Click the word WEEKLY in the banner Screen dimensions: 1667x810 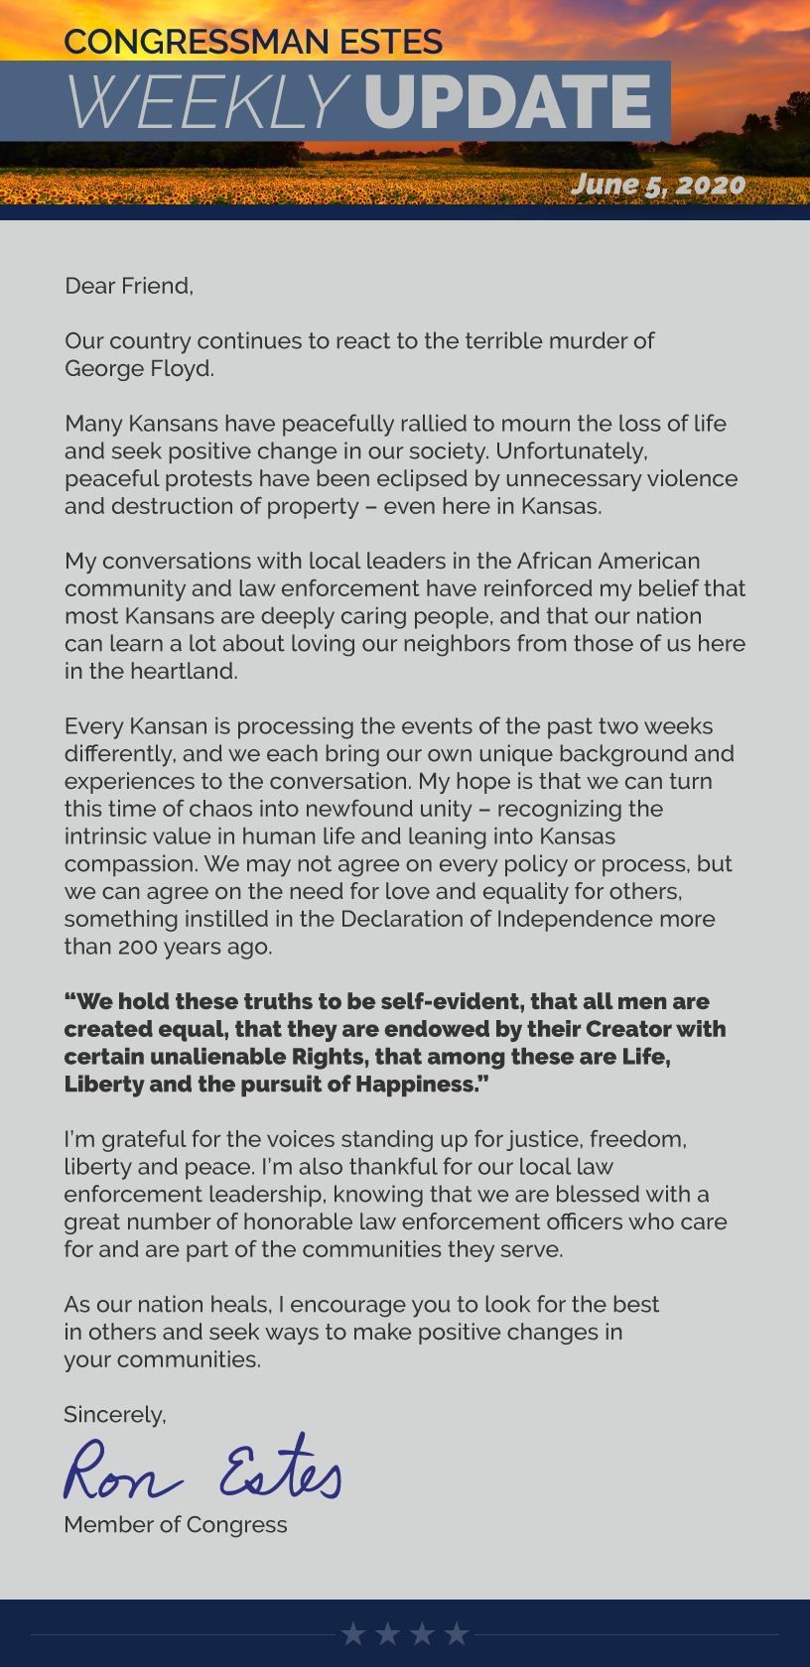[x=206, y=102]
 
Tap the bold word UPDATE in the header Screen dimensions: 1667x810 [x=507, y=102]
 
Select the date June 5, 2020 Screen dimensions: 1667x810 [x=658, y=185]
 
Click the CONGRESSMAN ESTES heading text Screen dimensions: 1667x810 [x=253, y=42]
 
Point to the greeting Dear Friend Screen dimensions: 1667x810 [x=128, y=286]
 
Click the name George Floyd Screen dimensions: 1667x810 [x=138, y=369]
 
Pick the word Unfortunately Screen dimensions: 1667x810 [x=571, y=451]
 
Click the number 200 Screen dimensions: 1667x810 [x=138, y=947]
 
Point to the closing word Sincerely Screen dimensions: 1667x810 [x=114, y=1415]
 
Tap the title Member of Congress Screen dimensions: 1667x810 [x=176, y=1525]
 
